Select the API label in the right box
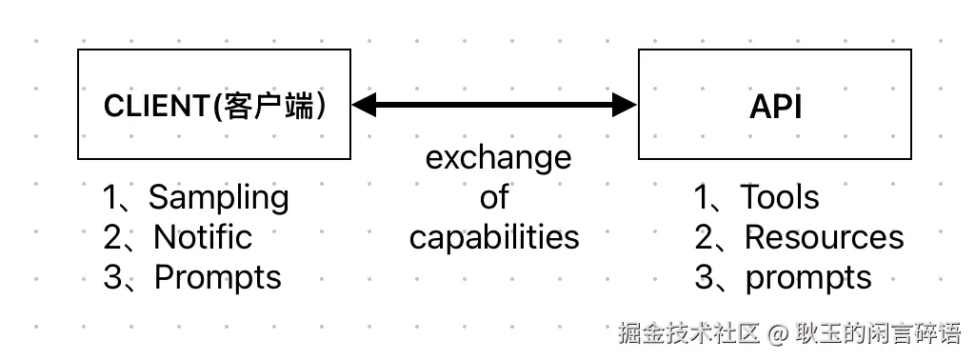(x=775, y=107)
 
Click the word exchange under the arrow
(x=498, y=157)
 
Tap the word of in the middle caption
(x=494, y=197)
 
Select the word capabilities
(x=494, y=236)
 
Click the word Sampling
(x=218, y=197)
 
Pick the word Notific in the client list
(x=203, y=236)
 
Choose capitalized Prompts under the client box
(x=218, y=277)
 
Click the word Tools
(x=780, y=197)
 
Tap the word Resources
(x=824, y=236)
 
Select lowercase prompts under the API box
(x=807, y=277)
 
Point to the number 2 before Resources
(x=704, y=237)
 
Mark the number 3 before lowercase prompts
(x=704, y=277)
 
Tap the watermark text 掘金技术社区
(x=688, y=334)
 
